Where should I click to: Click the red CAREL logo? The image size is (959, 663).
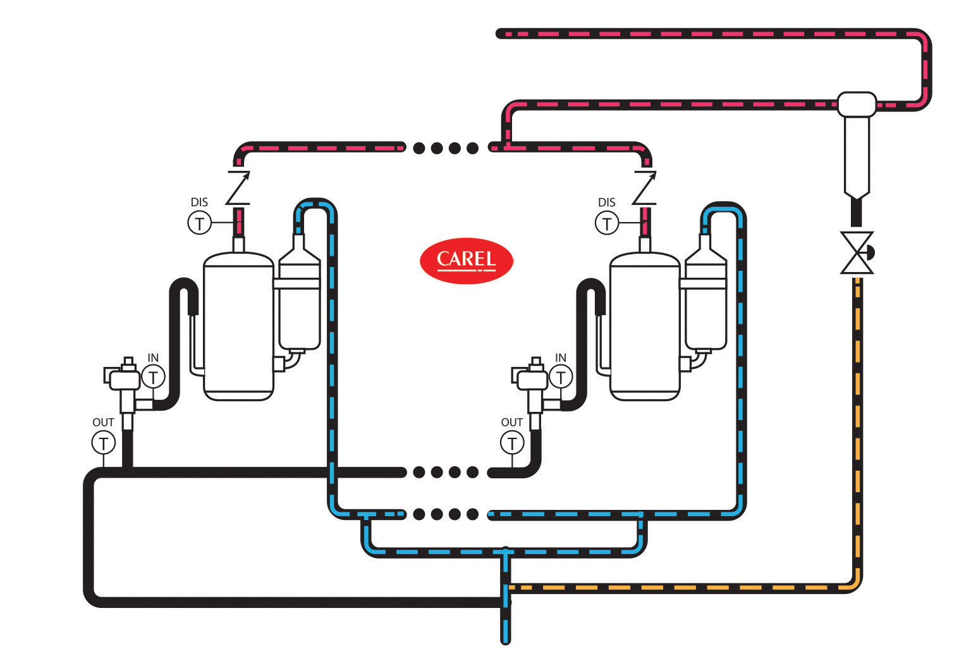click(467, 260)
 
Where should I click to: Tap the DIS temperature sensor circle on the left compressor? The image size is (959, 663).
click(199, 223)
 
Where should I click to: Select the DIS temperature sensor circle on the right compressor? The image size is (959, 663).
click(607, 223)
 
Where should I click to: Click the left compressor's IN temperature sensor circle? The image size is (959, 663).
click(153, 377)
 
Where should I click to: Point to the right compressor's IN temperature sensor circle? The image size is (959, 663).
click(561, 377)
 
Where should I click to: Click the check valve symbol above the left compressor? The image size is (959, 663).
click(238, 188)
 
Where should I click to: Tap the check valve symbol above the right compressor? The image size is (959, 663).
click(645, 188)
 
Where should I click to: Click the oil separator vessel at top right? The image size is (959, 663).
click(857, 146)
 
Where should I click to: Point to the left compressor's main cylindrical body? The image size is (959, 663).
click(238, 326)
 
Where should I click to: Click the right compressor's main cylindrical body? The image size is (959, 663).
click(645, 326)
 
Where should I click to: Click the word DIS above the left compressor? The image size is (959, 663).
click(199, 202)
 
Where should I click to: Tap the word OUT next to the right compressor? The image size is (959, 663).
click(512, 422)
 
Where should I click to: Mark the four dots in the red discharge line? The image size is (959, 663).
click(446, 149)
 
